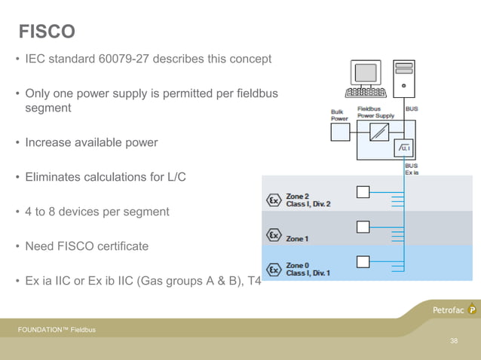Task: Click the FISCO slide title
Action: tap(47, 32)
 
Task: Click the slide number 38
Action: tap(454, 341)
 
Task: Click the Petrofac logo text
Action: tap(449, 310)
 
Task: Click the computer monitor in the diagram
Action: tap(366, 74)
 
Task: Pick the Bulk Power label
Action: tap(339, 115)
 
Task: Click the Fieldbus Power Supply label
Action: tap(375, 112)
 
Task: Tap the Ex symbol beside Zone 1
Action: tap(273, 235)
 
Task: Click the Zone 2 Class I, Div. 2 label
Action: tap(308, 200)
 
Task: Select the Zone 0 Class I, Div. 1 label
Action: tap(308, 269)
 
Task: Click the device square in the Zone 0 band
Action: tap(363, 262)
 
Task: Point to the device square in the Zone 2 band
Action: tap(363, 192)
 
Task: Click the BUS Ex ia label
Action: tap(412, 169)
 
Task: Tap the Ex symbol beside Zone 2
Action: tap(273, 201)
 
